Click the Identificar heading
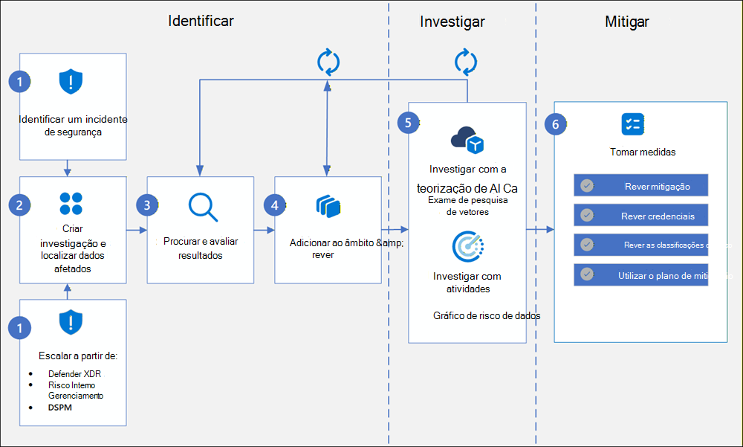click(x=201, y=21)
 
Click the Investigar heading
click(x=452, y=22)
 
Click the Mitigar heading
click(x=627, y=22)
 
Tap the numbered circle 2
click(x=20, y=204)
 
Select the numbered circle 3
click(x=148, y=205)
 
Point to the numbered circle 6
click(x=555, y=124)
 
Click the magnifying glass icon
click(x=202, y=208)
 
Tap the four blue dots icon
click(x=71, y=204)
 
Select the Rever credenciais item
click(x=641, y=216)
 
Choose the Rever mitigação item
click(x=641, y=186)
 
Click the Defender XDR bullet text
click(x=74, y=373)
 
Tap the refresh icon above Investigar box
click(x=466, y=61)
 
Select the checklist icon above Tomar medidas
click(x=632, y=123)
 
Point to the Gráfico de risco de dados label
click(x=486, y=315)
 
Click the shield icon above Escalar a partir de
click(x=71, y=323)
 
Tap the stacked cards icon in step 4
click(x=327, y=205)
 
